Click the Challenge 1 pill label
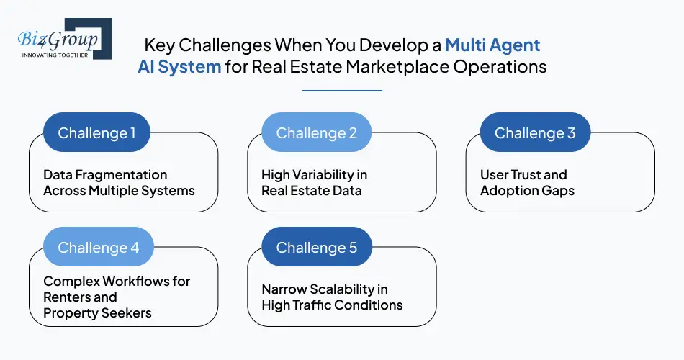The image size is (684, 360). tap(96, 133)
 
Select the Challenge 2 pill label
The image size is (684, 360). tap(316, 133)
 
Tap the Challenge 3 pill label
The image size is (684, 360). tap(534, 133)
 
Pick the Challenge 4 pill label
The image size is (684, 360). tap(98, 248)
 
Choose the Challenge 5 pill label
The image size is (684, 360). tap(316, 248)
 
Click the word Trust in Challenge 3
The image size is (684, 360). tap(546, 175)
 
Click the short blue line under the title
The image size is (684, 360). tap(342, 91)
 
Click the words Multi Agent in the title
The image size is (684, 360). tap(492, 45)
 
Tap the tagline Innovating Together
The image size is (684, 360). tap(54, 55)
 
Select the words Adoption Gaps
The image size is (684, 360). tap(527, 191)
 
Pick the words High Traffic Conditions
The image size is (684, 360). tap(332, 305)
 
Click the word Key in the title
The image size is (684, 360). tap(158, 45)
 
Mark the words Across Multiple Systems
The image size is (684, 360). tap(119, 191)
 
